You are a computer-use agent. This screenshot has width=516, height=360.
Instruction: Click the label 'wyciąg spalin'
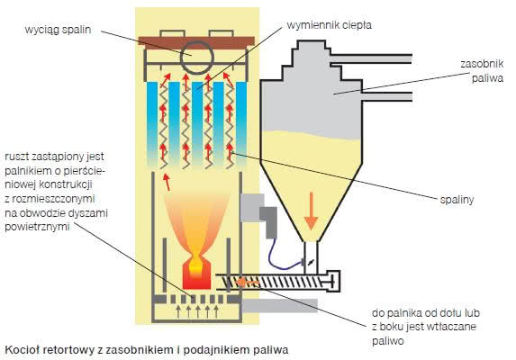[58, 30]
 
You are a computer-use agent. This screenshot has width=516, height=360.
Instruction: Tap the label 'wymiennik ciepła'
[329, 25]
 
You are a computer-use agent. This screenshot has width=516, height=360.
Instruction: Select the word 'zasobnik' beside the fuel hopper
[482, 64]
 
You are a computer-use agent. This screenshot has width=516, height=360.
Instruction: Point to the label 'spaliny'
[457, 200]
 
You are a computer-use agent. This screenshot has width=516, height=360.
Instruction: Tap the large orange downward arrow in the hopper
[311, 211]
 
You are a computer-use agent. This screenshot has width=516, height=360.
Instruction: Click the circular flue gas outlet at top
[197, 58]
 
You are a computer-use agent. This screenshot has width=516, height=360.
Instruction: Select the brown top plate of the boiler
[196, 42]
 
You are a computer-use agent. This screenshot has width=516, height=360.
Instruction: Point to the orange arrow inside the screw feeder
[248, 282]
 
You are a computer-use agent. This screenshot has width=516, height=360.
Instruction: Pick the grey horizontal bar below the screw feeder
[280, 305]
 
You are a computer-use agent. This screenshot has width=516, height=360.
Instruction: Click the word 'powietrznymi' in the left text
[37, 227]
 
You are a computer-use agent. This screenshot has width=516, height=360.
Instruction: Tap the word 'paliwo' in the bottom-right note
[387, 341]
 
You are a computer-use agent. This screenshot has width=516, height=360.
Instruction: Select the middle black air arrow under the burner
[198, 311]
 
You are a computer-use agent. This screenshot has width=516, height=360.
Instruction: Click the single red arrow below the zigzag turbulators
[167, 182]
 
